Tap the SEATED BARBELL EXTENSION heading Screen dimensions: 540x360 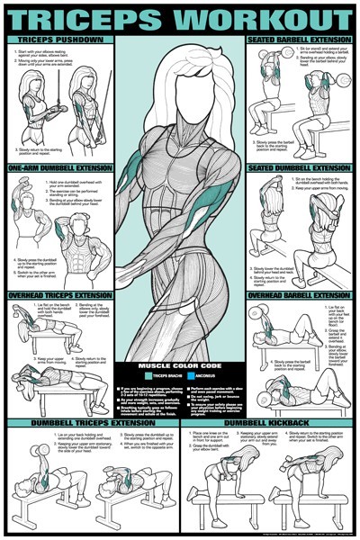[297, 40]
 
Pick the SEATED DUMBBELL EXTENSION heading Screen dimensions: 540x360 [297, 168]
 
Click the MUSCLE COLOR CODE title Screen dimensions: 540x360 [179, 366]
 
